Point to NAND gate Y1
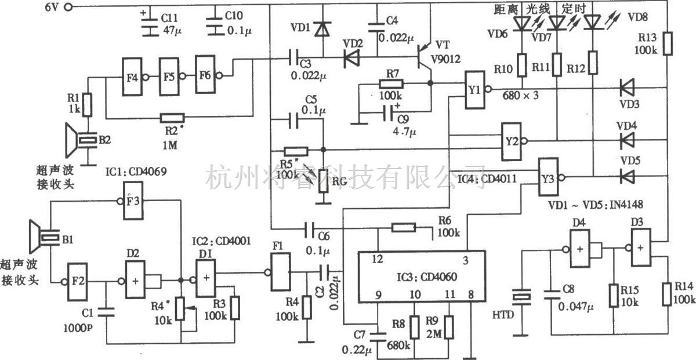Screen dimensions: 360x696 click(474, 90)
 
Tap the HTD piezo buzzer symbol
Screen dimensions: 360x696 click(523, 297)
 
